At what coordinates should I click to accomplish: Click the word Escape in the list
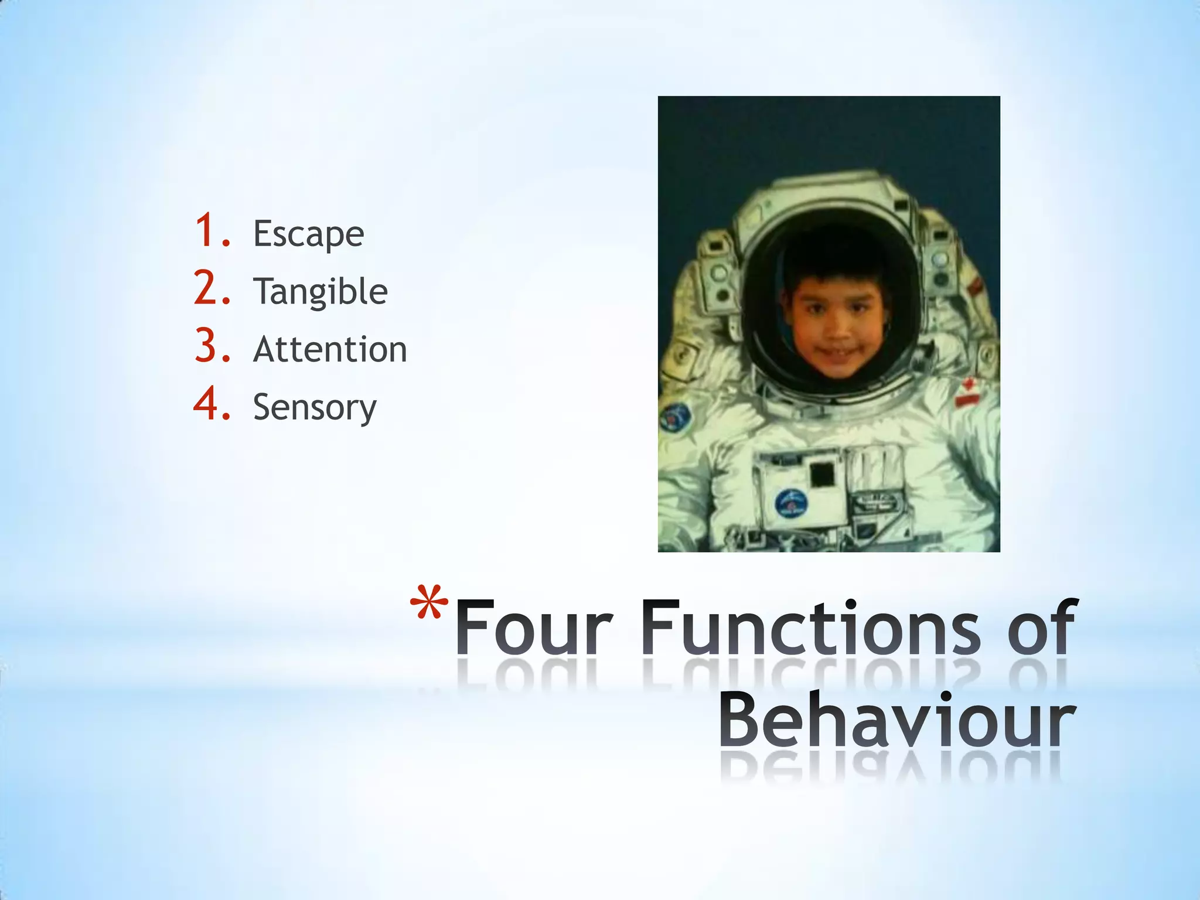coord(308,234)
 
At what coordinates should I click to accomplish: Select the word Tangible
coord(320,292)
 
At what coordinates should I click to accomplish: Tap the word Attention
coord(330,349)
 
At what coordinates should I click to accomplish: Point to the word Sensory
coord(315,407)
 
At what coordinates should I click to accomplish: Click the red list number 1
coord(211,231)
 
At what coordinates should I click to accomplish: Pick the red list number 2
coord(211,289)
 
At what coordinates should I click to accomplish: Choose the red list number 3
coord(211,346)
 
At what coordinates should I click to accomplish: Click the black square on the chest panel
coord(822,473)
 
